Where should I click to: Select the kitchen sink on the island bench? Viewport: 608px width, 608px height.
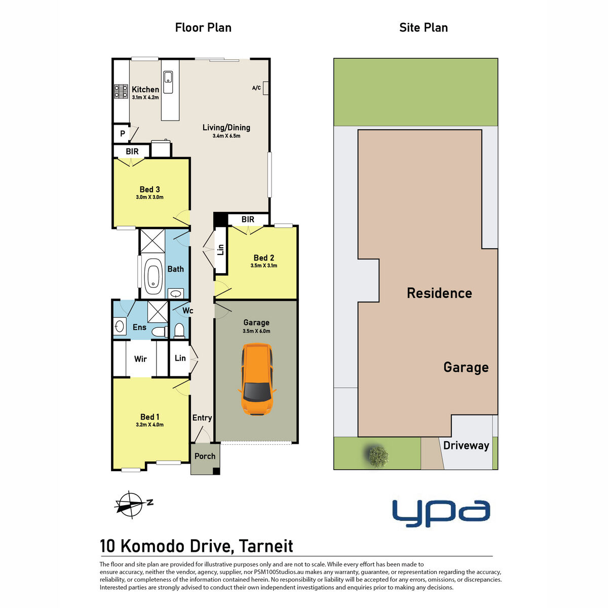(168, 79)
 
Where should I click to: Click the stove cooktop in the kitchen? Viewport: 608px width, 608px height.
(121, 91)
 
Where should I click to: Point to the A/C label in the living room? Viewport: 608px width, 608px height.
(256, 88)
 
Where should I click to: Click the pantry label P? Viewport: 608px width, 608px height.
(122, 134)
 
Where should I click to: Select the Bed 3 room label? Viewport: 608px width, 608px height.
(149, 189)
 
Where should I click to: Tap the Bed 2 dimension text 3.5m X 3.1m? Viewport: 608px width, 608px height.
(263, 265)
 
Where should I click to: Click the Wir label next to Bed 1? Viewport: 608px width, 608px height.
(140, 359)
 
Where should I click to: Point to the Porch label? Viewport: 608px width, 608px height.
(205, 456)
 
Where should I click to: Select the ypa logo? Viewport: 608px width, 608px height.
(441, 513)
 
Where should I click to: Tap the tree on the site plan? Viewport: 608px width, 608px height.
(377, 456)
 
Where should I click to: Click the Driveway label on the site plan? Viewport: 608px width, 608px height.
(466, 445)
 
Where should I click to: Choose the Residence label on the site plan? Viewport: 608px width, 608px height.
(439, 293)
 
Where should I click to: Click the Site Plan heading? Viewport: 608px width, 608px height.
(423, 27)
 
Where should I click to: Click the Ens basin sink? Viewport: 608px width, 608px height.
(120, 325)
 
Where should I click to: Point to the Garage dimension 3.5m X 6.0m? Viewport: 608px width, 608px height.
(256, 331)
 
